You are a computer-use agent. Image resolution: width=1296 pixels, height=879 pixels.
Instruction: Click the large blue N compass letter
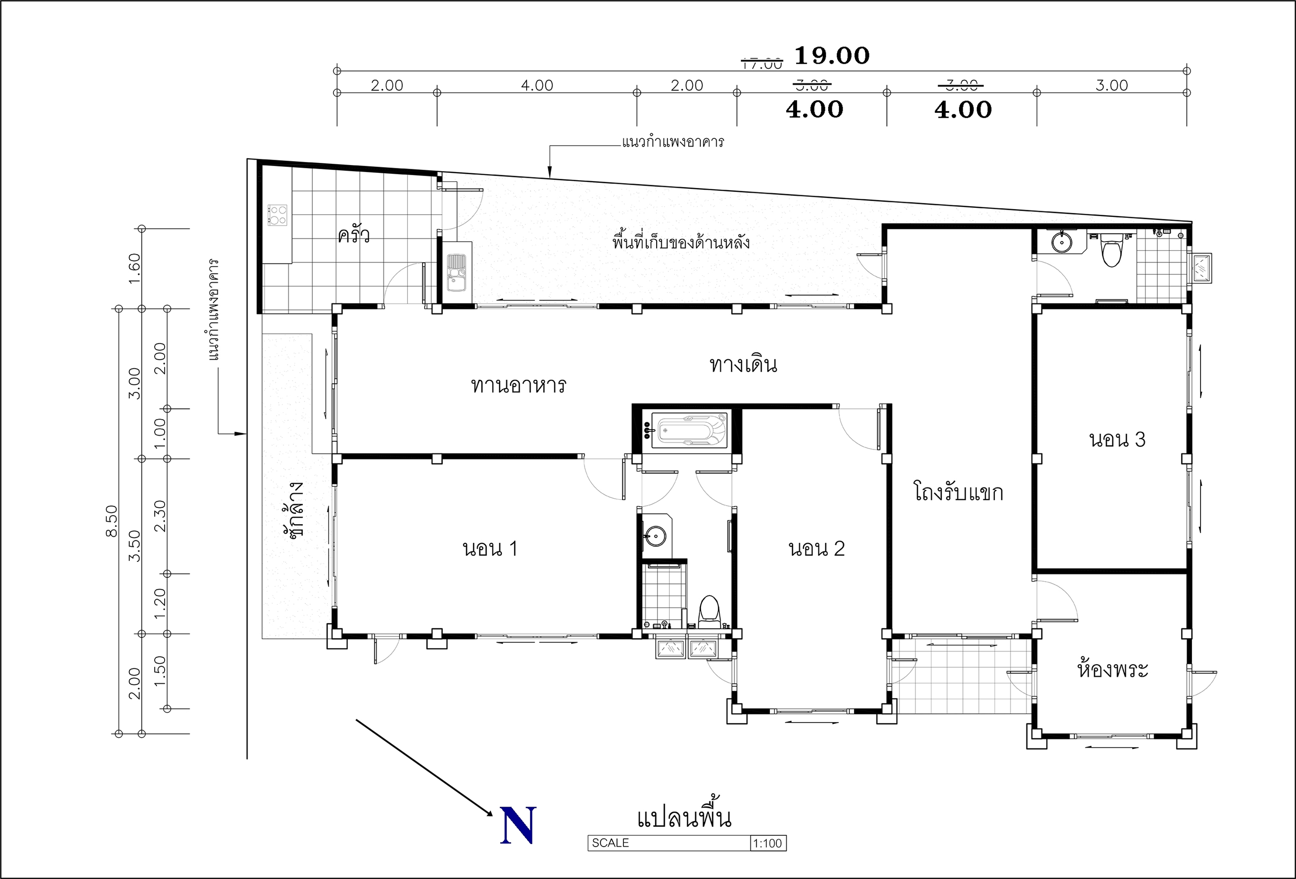pyautogui.click(x=518, y=825)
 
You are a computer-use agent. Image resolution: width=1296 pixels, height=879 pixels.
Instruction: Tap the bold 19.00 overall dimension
pyautogui.click(x=831, y=55)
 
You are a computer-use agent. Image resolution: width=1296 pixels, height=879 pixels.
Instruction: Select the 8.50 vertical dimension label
pyautogui.click(x=111, y=520)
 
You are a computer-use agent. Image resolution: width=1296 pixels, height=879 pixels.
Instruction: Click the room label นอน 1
pyautogui.click(x=490, y=549)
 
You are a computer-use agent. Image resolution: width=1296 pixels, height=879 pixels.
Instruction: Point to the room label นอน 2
pyautogui.click(x=816, y=549)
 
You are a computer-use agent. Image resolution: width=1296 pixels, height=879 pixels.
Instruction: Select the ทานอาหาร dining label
pyautogui.click(x=518, y=385)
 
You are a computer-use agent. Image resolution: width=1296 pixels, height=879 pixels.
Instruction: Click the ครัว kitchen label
pyautogui.click(x=353, y=234)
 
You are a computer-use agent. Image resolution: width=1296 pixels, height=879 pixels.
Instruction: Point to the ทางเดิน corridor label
pyautogui.click(x=743, y=364)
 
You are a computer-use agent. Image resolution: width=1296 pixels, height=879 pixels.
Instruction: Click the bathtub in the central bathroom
pyautogui.click(x=690, y=430)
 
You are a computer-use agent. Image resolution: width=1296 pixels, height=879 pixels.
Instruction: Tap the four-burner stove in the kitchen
pyautogui.click(x=277, y=215)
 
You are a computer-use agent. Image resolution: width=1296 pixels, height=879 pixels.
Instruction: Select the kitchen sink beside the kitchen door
pyautogui.click(x=457, y=273)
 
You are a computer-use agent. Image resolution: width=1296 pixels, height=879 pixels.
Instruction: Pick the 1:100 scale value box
pyautogui.click(x=768, y=843)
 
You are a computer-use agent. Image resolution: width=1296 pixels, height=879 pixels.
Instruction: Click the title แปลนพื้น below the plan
pyautogui.click(x=684, y=816)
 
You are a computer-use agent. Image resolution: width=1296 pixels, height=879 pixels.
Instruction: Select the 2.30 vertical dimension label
pyautogui.click(x=160, y=515)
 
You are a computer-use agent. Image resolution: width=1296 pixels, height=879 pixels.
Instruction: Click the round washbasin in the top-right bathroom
pyautogui.click(x=1061, y=242)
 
